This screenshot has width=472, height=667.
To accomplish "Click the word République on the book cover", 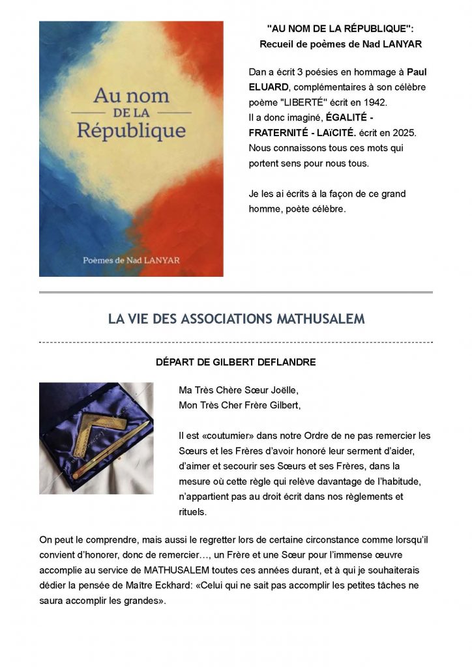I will point(130,129).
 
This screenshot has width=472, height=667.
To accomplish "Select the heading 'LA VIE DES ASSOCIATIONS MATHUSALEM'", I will point(236,319).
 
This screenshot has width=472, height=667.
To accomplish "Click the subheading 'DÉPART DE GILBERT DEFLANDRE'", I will point(236,362).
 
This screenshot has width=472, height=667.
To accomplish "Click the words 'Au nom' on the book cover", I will point(131,96).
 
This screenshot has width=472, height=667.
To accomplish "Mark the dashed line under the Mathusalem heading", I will point(236,342).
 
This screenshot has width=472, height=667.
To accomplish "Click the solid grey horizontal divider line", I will point(236,292).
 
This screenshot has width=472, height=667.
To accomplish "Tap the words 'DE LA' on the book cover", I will point(130,112).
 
